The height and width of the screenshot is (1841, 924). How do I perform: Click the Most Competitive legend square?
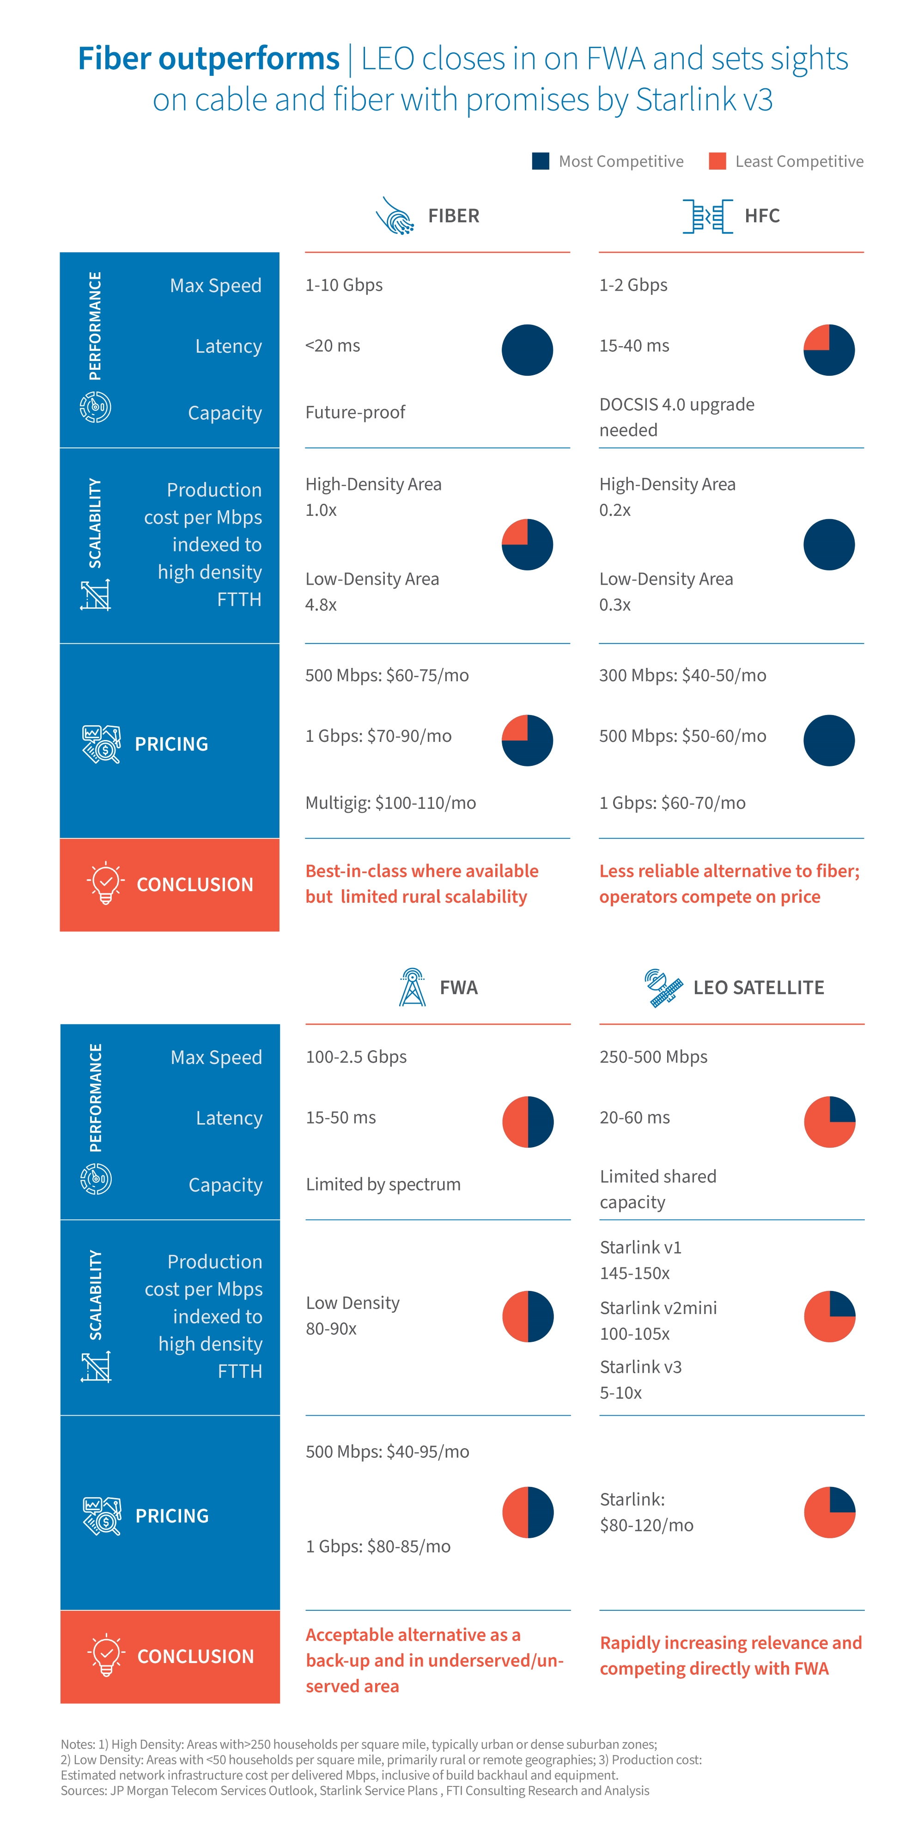click(540, 161)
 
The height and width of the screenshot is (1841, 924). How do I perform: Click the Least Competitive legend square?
click(717, 161)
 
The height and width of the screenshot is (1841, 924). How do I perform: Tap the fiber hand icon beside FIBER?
click(395, 216)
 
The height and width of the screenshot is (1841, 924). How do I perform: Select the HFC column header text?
click(762, 216)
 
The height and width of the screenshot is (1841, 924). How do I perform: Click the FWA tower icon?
click(412, 988)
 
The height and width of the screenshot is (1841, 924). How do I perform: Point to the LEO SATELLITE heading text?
click(758, 988)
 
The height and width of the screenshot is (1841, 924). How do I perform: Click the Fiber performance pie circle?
click(528, 350)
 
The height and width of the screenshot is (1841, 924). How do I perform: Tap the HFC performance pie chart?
click(829, 350)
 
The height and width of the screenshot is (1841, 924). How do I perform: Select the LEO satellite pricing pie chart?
click(830, 1512)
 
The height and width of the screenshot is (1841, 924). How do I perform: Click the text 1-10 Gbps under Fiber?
click(344, 285)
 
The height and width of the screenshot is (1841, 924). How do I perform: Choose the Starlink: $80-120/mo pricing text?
click(646, 1512)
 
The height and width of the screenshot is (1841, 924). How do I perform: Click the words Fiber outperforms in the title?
click(209, 59)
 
